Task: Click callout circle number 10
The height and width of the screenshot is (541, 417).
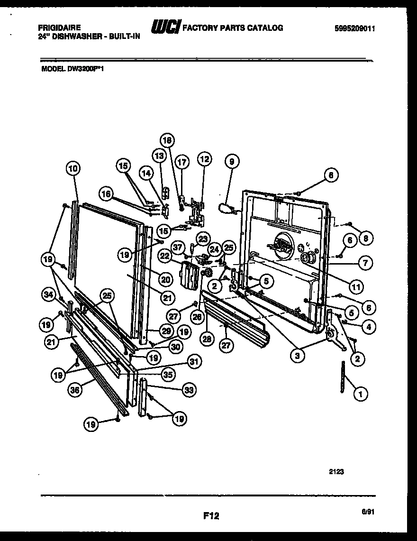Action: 73,168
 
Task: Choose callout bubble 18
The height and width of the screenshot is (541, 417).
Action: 167,140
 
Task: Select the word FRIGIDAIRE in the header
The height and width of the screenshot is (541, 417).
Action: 59,28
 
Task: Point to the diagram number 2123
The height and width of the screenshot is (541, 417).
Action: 336,472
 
